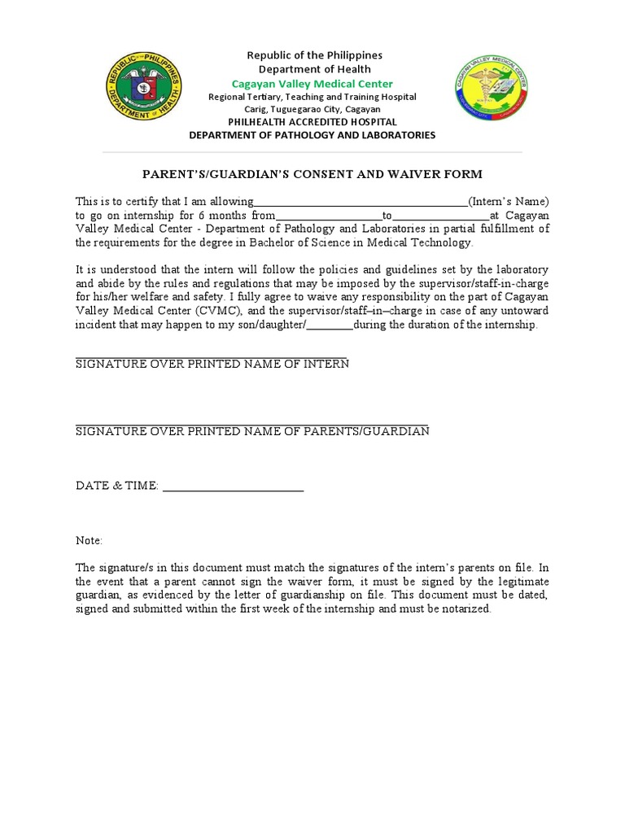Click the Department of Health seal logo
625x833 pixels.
click(x=145, y=87)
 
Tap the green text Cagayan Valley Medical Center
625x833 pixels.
click(x=312, y=84)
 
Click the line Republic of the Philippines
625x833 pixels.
click(x=314, y=55)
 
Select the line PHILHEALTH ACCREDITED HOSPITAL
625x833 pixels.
click(x=312, y=122)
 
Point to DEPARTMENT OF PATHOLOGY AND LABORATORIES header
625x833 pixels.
click(x=312, y=135)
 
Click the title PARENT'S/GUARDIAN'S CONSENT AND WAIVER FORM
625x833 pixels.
click(x=312, y=174)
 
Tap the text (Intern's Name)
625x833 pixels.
click(x=509, y=201)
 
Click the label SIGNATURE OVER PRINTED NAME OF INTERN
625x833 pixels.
click(x=212, y=364)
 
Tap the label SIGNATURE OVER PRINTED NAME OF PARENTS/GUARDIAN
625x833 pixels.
click(x=252, y=430)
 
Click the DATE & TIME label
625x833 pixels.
click(x=116, y=486)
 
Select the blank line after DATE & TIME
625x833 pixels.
click(x=234, y=489)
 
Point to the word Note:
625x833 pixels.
click(x=90, y=540)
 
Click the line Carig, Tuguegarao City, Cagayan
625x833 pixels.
click(x=312, y=109)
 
